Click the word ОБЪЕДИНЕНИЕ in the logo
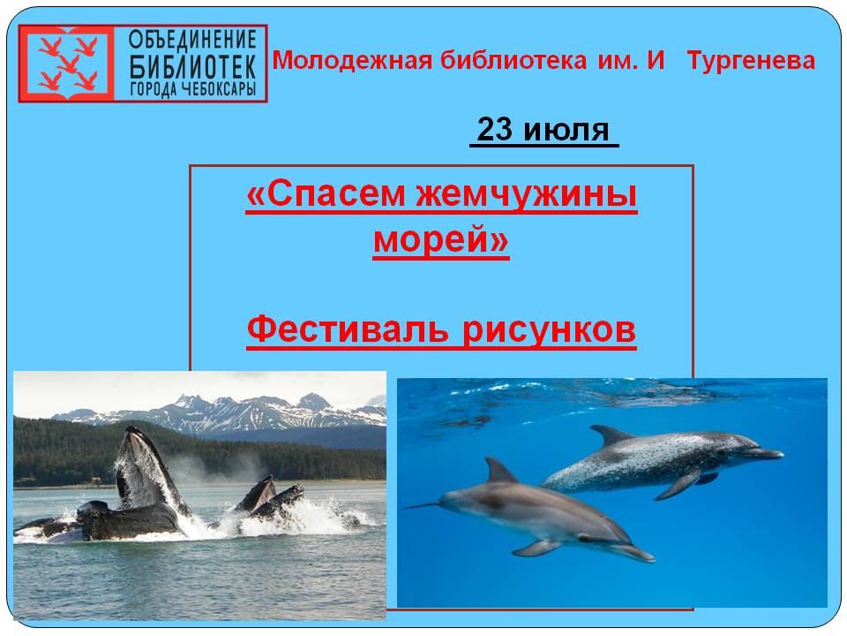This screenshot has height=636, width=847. (x=192, y=40)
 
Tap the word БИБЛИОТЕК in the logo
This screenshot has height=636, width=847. (x=192, y=66)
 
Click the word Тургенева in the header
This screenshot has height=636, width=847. (x=751, y=61)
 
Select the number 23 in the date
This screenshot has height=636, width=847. (x=494, y=130)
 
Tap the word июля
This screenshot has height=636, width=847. (x=566, y=132)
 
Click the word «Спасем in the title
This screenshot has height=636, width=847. (x=326, y=194)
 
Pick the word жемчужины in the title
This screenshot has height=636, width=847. (x=527, y=194)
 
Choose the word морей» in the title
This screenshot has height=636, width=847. (x=441, y=239)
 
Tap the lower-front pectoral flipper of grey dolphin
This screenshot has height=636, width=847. (x=537, y=548)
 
